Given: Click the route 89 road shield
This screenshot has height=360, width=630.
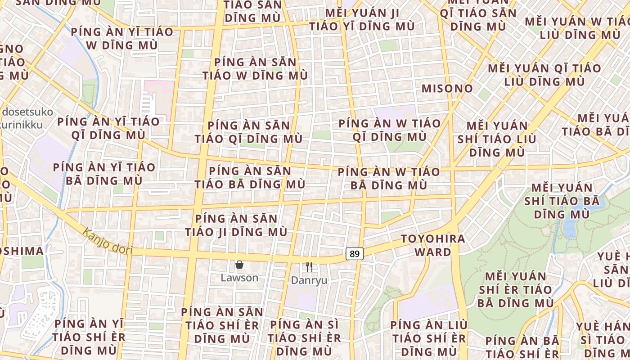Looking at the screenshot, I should click(x=355, y=254).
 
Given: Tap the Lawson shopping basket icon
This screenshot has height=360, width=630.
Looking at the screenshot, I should click(x=239, y=265).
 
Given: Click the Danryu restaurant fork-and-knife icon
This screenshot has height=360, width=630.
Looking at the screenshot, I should click(x=309, y=267).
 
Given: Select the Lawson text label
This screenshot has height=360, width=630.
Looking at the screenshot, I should click(x=239, y=278).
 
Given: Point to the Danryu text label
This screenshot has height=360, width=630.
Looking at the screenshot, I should click(x=309, y=280).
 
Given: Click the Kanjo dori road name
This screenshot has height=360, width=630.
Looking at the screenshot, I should click(x=107, y=241).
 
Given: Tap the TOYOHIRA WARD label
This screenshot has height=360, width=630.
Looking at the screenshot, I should click(x=433, y=245).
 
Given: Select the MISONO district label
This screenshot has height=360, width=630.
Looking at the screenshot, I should click(x=447, y=89).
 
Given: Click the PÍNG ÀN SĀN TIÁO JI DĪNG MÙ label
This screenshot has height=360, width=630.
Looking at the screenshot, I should click(x=237, y=225).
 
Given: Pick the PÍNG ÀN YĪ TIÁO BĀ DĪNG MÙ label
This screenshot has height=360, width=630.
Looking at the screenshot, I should click(x=104, y=174).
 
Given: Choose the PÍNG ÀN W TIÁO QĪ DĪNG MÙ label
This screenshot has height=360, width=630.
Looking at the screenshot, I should click(x=390, y=130).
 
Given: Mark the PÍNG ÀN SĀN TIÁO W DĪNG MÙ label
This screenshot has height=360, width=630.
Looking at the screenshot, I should click(x=255, y=69).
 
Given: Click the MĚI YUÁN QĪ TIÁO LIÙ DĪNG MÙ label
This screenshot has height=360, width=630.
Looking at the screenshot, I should click(x=544, y=75).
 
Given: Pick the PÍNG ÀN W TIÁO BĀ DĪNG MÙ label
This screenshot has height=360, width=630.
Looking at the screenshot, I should click(x=389, y=178).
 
